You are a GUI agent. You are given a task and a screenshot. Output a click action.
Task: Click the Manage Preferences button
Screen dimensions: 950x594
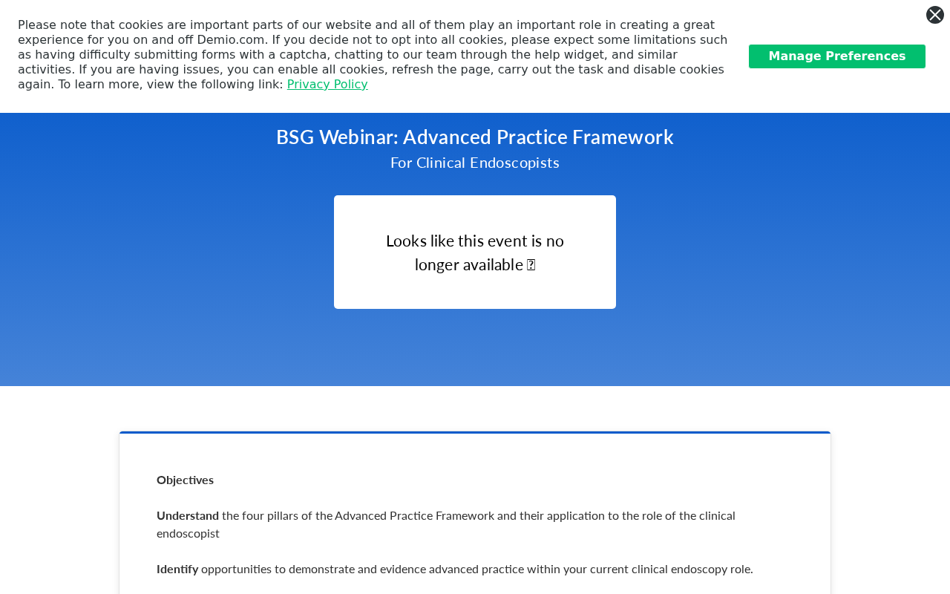tap(836, 56)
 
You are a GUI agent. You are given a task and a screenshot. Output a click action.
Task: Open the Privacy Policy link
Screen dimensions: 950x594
tap(327, 85)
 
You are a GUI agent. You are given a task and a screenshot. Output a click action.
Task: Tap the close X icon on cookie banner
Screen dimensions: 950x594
tap(934, 15)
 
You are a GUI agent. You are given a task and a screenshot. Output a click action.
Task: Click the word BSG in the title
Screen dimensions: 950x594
tap(295, 137)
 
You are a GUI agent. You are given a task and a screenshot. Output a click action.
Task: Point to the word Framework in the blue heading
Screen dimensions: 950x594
tap(623, 137)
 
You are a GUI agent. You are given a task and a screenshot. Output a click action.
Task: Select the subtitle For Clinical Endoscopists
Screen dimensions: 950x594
tap(474, 163)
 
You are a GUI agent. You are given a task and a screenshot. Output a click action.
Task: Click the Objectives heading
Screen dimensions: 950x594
tap(185, 480)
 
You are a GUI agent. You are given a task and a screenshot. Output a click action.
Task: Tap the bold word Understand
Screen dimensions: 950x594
tap(188, 516)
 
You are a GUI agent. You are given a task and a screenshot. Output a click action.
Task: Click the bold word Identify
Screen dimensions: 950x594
tap(177, 569)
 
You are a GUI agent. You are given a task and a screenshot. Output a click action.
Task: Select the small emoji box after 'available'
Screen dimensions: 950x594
tap(531, 265)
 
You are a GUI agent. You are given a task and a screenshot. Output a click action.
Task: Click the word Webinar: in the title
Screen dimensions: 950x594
tap(358, 137)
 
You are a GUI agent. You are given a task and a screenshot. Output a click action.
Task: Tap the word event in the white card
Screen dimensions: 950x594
tap(506, 241)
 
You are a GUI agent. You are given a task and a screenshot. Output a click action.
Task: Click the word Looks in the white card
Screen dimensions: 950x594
tap(406, 241)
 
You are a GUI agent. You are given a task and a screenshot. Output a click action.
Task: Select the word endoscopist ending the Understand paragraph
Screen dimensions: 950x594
tap(188, 534)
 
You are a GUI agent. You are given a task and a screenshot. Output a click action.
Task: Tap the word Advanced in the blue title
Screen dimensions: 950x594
tap(447, 137)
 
